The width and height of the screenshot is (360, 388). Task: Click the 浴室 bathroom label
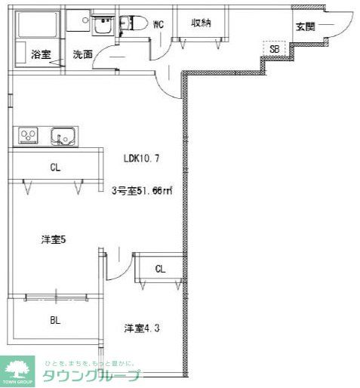41,54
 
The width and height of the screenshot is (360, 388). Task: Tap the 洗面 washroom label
82,54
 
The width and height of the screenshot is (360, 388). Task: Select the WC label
158,24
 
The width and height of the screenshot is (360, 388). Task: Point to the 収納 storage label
200,23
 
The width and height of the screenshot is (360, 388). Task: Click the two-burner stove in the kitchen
29,137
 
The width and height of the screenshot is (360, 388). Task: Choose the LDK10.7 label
141,159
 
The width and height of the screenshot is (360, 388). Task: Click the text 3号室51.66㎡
142,191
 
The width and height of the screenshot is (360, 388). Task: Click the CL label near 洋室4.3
159,269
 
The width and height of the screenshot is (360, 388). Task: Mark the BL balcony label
55,320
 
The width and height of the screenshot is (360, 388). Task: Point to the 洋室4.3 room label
141,328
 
